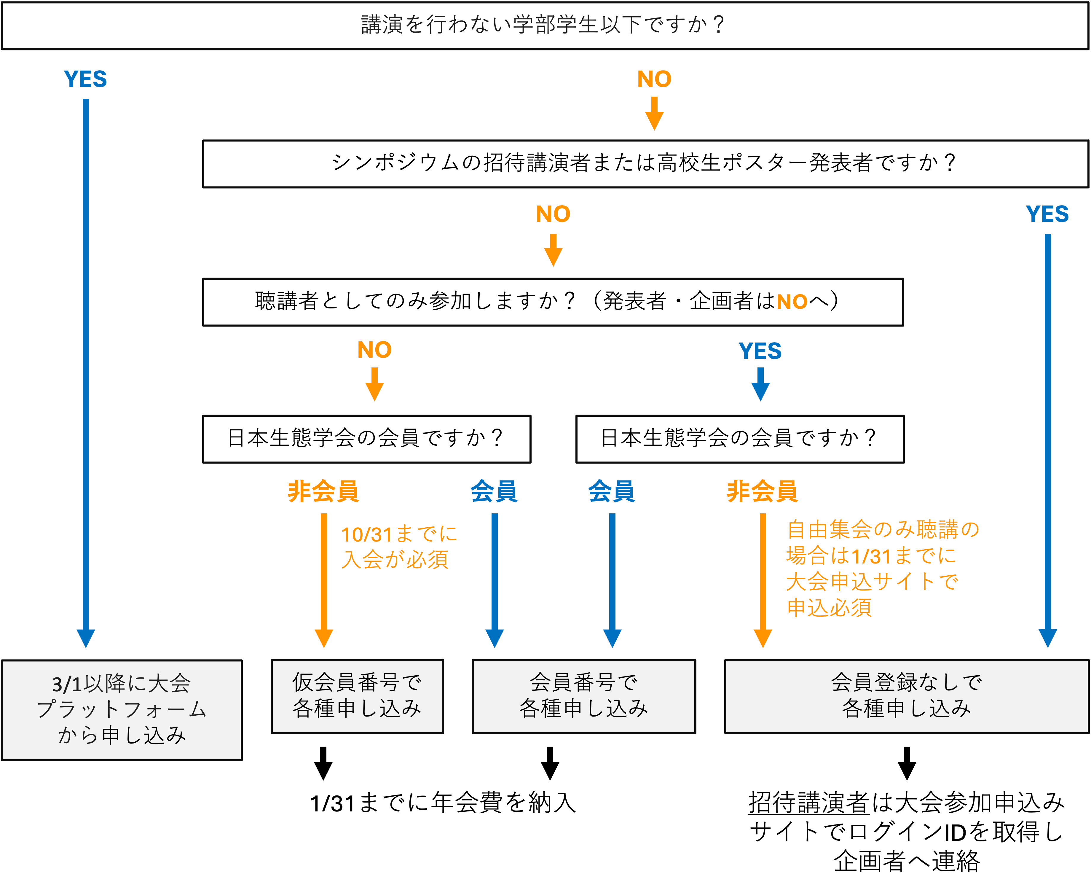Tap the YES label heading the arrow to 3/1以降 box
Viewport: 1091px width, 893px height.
[85, 79]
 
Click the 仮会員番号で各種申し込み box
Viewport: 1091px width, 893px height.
[357, 696]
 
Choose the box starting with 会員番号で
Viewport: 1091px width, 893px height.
[583, 696]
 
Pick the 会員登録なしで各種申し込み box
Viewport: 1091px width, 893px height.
[906, 696]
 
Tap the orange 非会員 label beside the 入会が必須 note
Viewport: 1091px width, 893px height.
[323, 491]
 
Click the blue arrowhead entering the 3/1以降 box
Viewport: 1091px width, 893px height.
[86, 638]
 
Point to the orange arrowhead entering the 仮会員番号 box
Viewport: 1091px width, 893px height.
[324, 638]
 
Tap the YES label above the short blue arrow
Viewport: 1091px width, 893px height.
[760, 351]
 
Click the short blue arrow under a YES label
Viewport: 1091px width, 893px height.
[760, 385]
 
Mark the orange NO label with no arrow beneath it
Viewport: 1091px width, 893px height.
[792, 302]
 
